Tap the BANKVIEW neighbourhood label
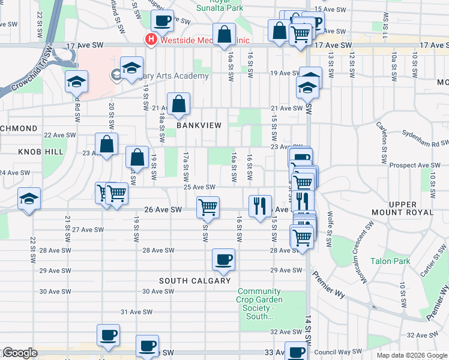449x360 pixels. point(199,125)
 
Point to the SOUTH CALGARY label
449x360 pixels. point(194,281)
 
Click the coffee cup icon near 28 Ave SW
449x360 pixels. point(224,259)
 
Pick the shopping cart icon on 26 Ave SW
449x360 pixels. point(208,207)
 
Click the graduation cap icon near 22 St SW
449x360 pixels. point(28,199)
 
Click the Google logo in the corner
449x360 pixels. point(20,353)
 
